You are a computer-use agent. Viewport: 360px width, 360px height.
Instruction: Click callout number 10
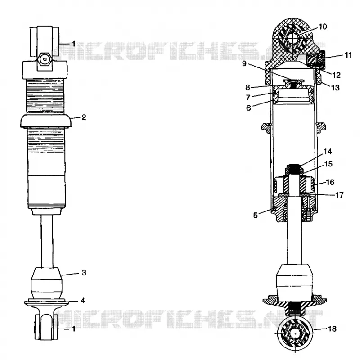323,27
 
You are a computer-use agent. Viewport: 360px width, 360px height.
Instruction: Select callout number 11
348,55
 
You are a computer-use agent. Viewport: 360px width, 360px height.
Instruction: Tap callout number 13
335,87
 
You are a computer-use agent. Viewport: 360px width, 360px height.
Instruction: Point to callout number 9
244,63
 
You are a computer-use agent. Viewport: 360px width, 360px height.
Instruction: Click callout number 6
248,108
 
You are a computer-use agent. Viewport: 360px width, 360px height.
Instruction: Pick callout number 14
328,152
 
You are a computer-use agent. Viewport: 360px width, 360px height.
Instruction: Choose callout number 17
340,195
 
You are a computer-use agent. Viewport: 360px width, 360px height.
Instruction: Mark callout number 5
256,216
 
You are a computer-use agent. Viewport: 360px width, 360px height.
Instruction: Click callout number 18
332,329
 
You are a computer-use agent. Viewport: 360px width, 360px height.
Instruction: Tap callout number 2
84,117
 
